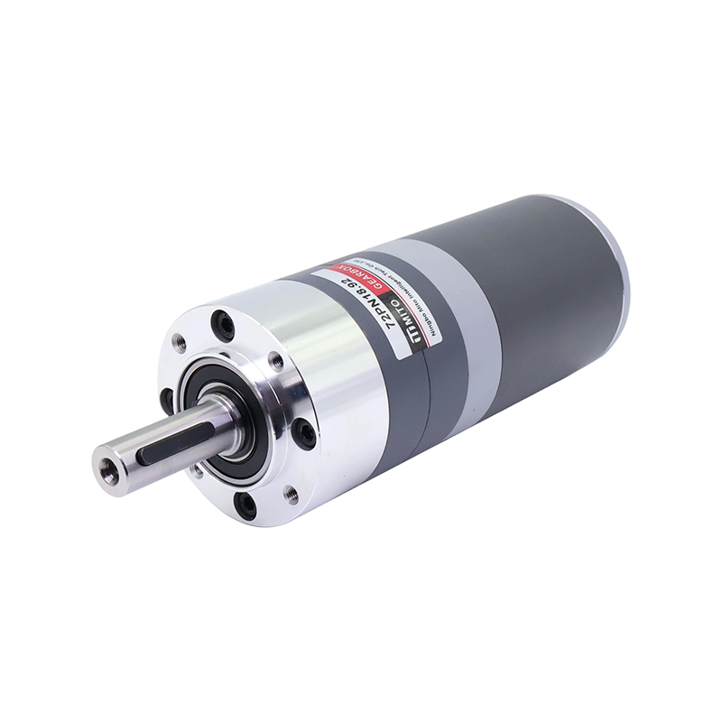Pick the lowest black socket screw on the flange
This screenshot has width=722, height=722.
[292, 491]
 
